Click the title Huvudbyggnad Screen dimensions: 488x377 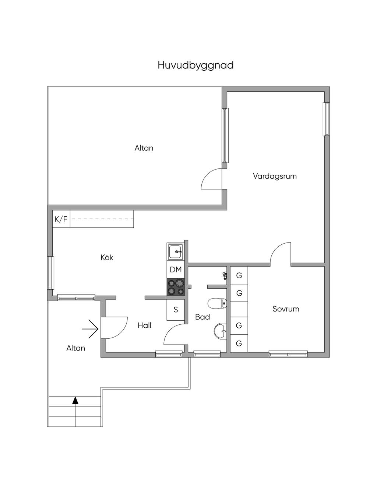195,65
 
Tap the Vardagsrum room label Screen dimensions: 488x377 275,176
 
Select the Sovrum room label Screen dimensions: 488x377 286,309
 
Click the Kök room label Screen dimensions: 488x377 107,257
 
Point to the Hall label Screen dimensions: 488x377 144,325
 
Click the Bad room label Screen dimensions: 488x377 202,317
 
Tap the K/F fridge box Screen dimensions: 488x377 61,219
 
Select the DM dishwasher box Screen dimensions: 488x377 176,270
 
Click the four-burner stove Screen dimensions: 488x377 176,287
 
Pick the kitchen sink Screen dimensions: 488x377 176,252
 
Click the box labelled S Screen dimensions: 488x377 176,310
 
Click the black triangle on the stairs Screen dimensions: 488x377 75,400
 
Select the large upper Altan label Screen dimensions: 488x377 144,148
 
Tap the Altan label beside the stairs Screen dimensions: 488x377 76,348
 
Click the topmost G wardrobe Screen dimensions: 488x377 239,275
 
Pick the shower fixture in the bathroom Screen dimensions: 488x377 225,275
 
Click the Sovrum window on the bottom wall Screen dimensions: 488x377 288,354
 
